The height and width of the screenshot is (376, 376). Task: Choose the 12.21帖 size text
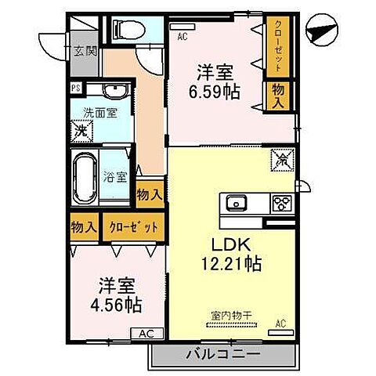pos(229,264)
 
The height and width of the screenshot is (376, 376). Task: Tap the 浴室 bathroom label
pos(115,175)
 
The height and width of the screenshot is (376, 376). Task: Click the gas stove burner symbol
pos(280,204)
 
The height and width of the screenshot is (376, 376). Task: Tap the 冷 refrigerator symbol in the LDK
pos(280,161)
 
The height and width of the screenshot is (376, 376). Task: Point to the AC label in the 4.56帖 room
pos(146,333)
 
